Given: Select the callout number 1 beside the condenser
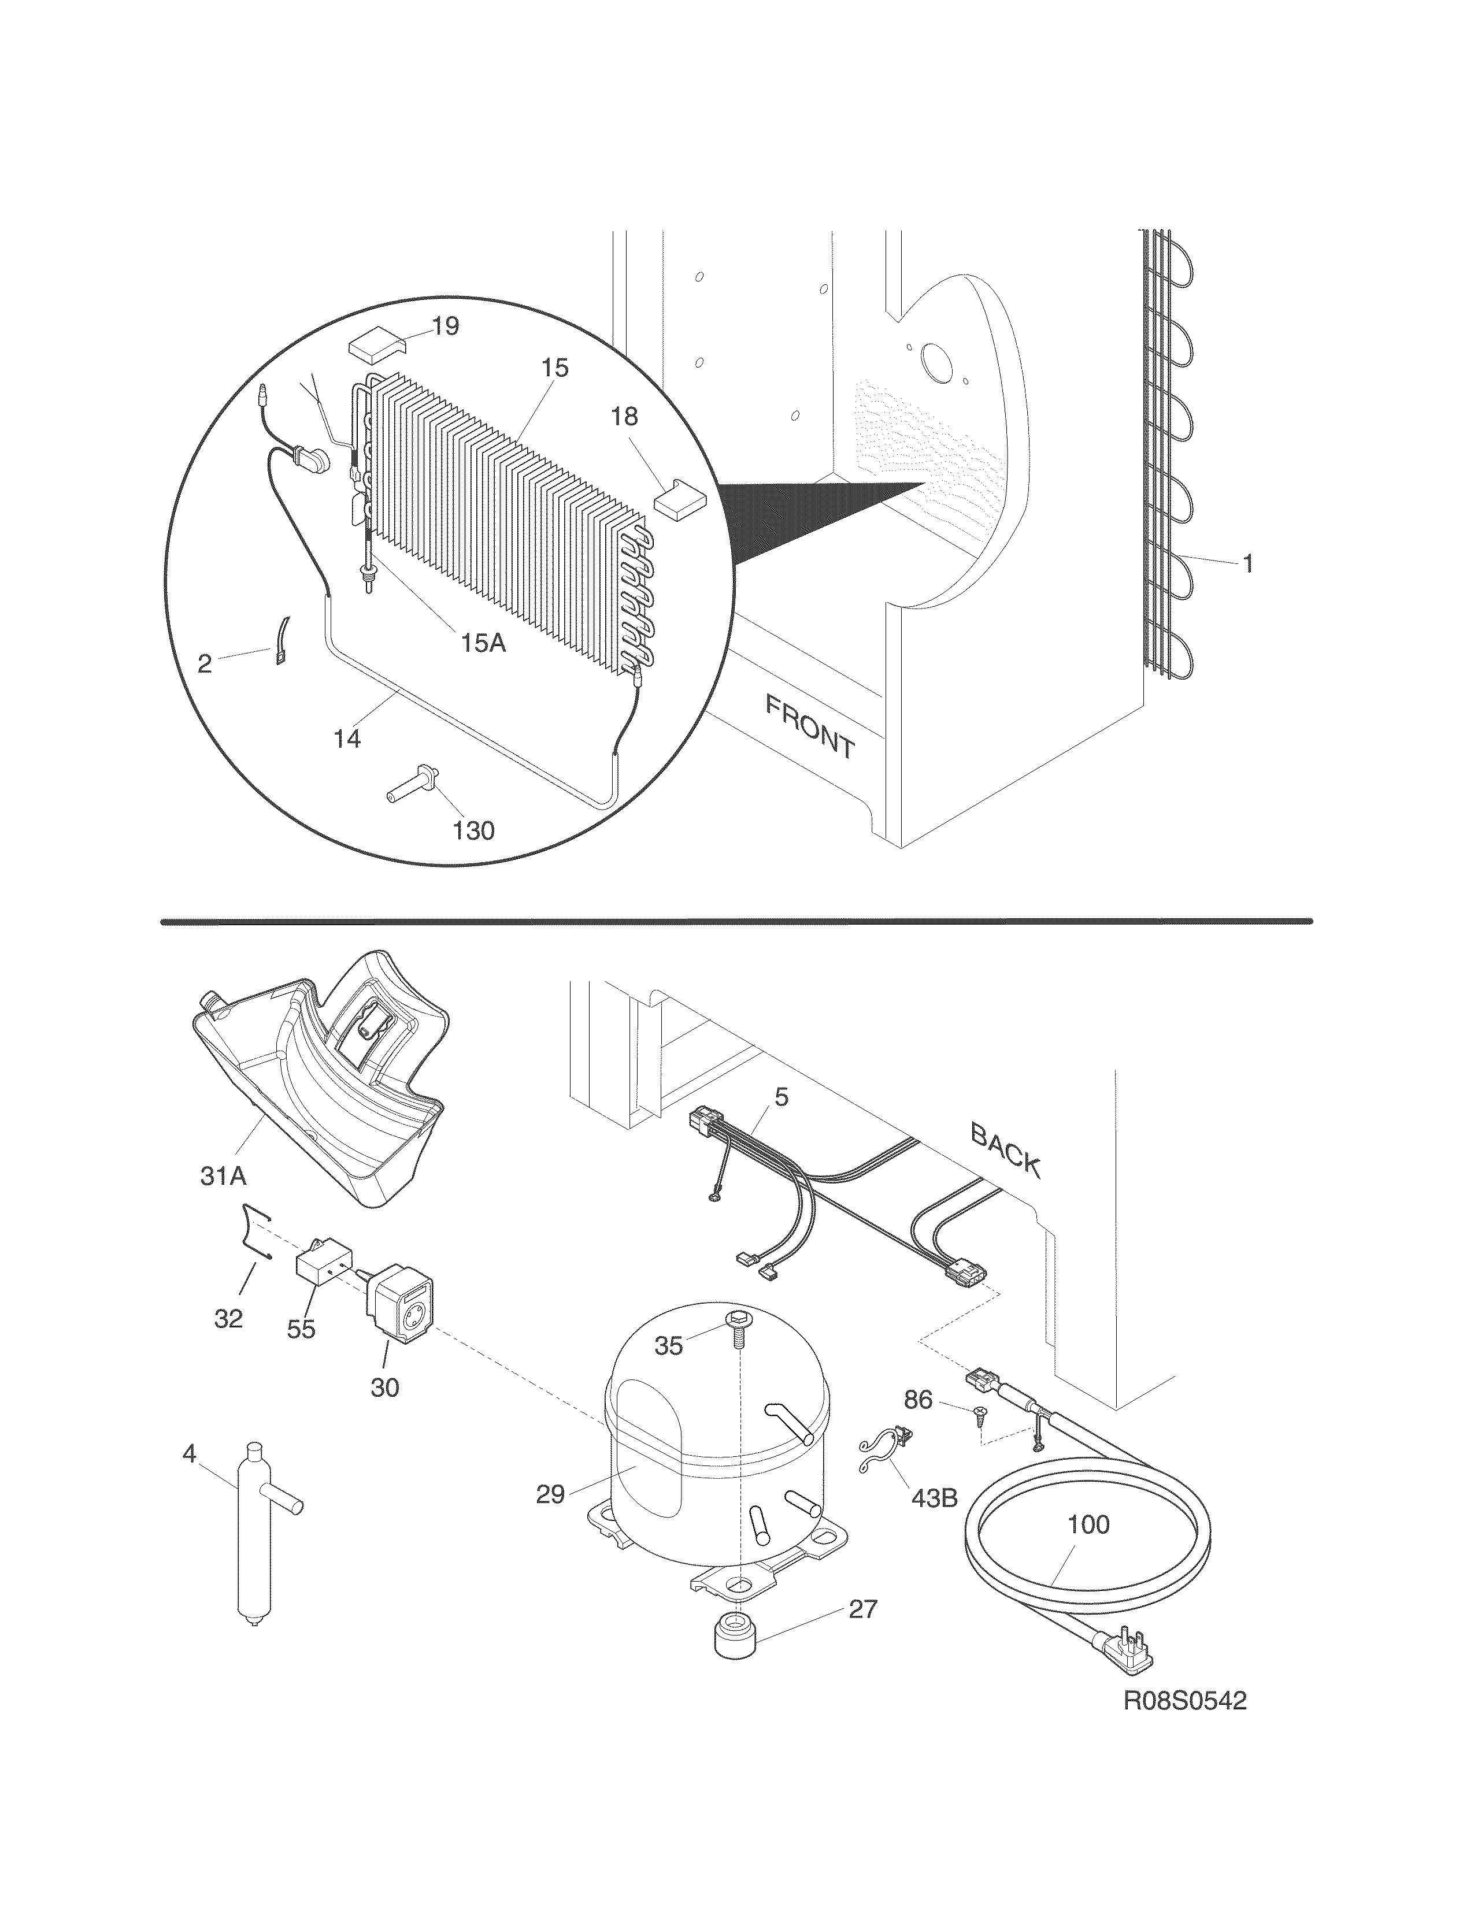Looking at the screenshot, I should pos(1248,564).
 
